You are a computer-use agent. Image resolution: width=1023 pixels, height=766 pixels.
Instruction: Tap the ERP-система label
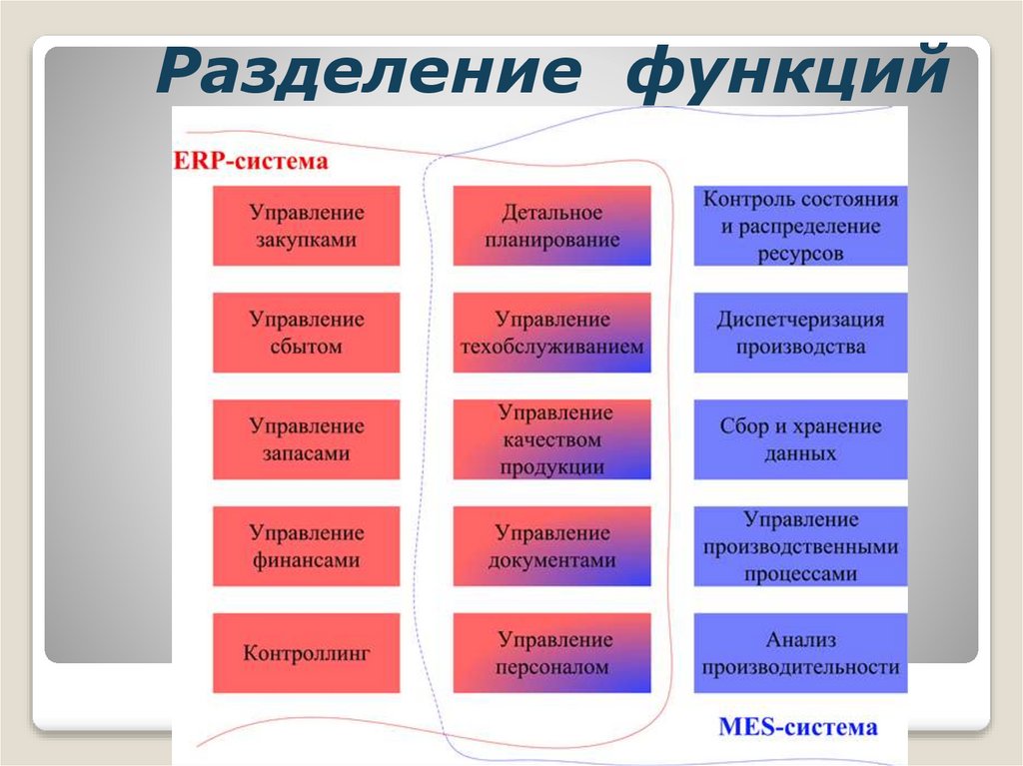point(251,160)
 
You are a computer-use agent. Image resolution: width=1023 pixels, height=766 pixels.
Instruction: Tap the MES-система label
point(798,726)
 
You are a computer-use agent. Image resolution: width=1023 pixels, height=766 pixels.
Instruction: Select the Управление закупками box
point(307,226)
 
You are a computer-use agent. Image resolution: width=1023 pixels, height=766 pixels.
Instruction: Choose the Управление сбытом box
point(307,333)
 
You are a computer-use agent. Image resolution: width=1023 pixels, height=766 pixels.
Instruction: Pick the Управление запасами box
point(307,439)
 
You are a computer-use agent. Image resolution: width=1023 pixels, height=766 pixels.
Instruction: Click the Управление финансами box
point(307,546)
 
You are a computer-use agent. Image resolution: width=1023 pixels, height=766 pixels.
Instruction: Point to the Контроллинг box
point(307,653)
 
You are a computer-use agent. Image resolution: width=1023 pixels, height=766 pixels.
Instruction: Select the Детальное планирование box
point(551,226)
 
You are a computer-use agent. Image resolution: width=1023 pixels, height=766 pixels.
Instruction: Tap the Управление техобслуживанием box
point(551,333)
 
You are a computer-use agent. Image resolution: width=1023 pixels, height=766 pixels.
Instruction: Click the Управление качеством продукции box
point(551,439)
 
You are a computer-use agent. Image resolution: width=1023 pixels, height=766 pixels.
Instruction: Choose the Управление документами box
point(551,546)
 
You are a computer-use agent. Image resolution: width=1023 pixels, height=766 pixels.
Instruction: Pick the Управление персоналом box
point(551,653)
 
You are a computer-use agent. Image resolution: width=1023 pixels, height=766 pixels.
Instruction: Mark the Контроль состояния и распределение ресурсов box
point(800,226)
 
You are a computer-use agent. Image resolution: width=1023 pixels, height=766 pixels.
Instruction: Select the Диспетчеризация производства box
point(800,333)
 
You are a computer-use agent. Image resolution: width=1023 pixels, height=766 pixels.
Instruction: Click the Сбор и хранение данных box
point(800,439)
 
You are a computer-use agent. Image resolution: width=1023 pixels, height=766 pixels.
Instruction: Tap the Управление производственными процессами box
point(800,546)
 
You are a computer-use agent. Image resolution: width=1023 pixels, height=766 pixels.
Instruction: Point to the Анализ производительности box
point(800,653)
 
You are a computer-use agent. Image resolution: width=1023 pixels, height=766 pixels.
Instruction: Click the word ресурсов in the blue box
point(800,253)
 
